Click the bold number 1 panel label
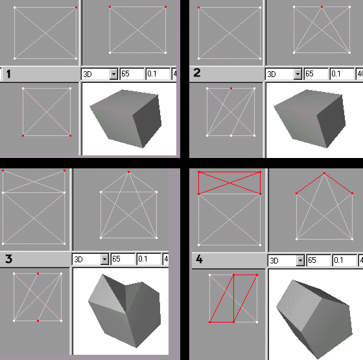(8, 74)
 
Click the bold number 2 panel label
(197, 73)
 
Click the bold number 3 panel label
(9, 259)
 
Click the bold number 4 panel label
(199, 259)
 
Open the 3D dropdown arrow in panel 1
(113, 74)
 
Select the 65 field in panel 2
(316, 74)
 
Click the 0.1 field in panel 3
(148, 259)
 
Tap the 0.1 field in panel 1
(158, 74)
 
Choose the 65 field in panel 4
(318, 260)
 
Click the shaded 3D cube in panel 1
(126, 118)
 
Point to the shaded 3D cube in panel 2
(310, 118)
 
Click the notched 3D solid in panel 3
(125, 310)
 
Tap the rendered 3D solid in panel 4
(315, 319)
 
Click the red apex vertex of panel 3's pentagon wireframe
(128, 172)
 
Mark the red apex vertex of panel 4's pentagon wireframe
(324, 173)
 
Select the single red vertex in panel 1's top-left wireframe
(76, 7)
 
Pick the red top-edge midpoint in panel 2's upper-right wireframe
(322, 7)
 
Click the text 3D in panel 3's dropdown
(78, 260)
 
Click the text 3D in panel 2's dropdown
(272, 74)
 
